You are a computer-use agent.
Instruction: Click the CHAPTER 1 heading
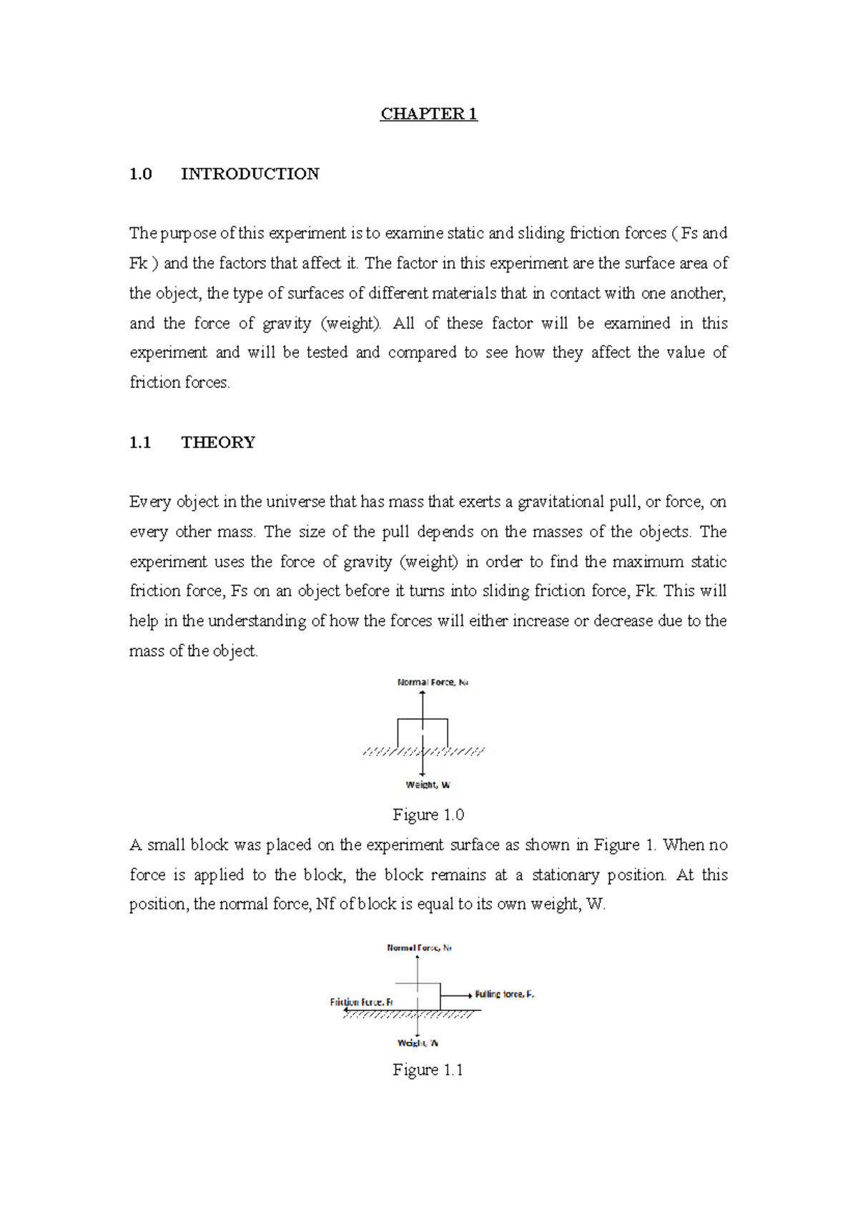click(x=428, y=114)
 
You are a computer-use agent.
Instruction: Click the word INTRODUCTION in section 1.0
click(x=250, y=174)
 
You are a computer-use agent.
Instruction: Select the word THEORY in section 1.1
click(x=218, y=442)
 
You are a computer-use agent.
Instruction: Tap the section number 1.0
click(x=140, y=174)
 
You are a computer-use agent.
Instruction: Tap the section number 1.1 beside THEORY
click(x=140, y=442)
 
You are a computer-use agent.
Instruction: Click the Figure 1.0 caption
click(x=428, y=815)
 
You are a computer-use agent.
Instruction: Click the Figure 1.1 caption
click(x=428, y=1070)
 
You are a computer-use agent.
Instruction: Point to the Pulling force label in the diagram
click(x=504, y=994)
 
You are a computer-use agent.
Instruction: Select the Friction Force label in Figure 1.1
click(x=362, y=1002)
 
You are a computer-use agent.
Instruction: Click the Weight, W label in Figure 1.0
click(x=428, y=785)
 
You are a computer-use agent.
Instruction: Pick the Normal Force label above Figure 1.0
click(x=433, y=682)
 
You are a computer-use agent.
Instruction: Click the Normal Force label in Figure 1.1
click(x=419, y=948)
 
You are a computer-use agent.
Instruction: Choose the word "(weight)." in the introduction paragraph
click(x=351, y=323)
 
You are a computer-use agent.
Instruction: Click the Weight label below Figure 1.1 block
click(x=418, y=1043)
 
